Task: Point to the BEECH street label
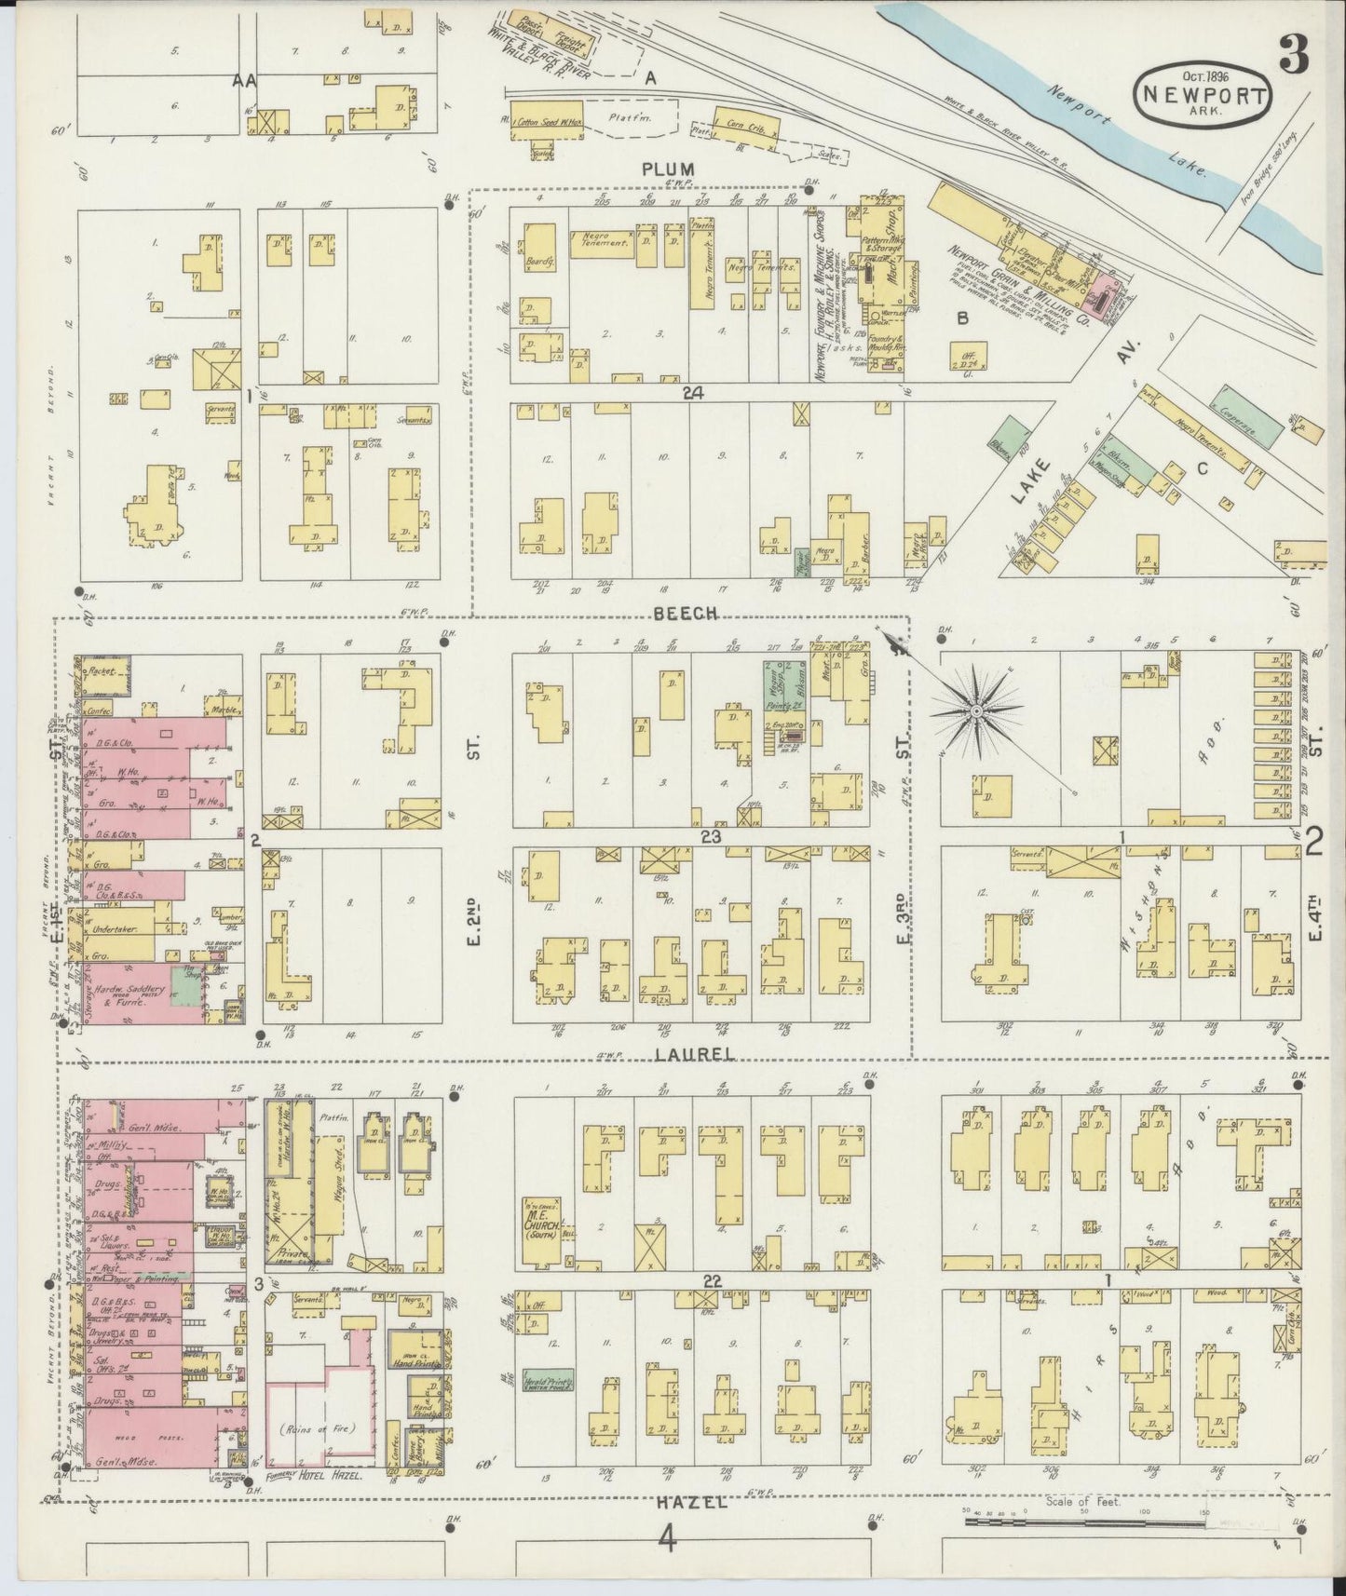(x=685, y=613)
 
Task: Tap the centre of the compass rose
(x=974, y=711)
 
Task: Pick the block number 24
(x=691, y=393)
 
